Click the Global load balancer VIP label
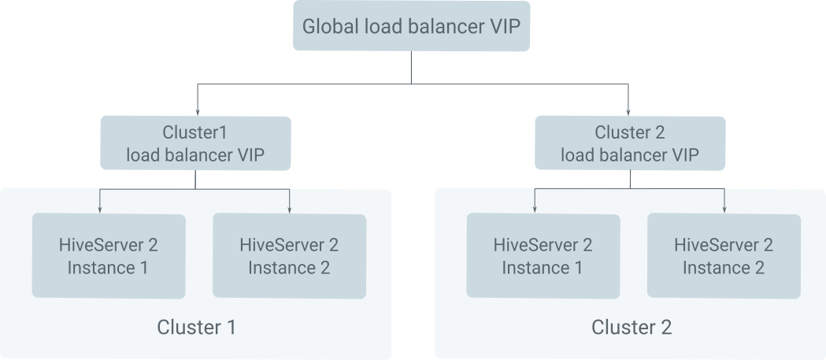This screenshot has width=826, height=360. point(411,27)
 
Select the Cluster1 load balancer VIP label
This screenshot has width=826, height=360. point(194,143)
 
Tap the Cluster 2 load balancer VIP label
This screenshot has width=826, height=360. point(629,143)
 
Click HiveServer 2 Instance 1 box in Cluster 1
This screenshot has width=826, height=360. point(109,256)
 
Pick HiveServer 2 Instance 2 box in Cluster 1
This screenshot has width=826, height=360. point(289,256)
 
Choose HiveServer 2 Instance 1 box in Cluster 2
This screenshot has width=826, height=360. point(543,256)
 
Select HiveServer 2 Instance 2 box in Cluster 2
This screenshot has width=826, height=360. point(724,256)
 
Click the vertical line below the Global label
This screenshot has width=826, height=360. point(411,68)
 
